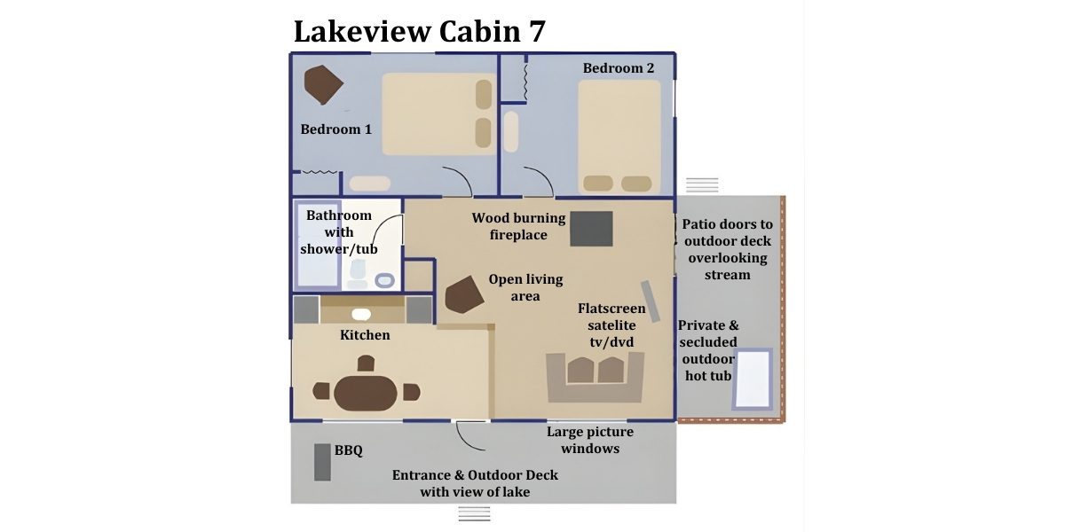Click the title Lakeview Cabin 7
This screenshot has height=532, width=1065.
coord(419,31)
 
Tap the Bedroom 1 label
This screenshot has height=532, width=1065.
coord(335,129)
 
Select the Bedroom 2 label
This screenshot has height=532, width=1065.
coord(619,68)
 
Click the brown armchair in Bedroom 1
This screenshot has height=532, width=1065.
coord(322,85)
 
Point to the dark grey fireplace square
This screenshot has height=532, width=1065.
coord(591,229)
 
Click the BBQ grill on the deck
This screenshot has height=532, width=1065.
coord(321,461)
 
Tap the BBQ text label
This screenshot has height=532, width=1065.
coord(348,450)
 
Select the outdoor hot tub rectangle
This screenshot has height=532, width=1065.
coord(752,379)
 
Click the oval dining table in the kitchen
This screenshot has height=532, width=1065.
coord(367,391)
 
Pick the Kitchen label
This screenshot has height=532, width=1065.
coord(365,335)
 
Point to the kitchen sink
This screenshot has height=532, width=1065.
coord(361,314)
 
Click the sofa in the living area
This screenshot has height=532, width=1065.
coord(594,374)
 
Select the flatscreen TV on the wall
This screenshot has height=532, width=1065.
coord(651,301)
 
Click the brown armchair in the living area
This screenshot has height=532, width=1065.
coord(463,294)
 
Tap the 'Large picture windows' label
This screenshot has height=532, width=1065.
coord(589,440)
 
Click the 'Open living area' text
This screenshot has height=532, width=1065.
coord(525,287)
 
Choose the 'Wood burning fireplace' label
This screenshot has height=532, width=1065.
coord(518,226)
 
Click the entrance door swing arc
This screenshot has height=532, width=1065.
coord(467,436)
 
